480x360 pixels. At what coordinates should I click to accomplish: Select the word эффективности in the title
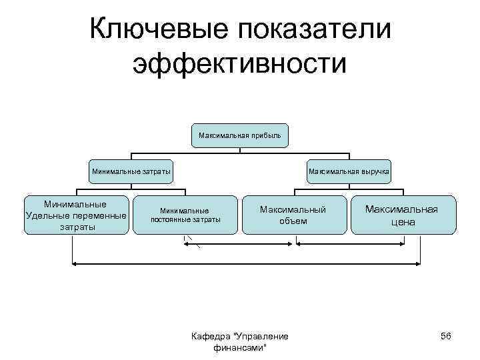click(240, 65)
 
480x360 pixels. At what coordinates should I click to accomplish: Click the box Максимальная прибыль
click(240, 136)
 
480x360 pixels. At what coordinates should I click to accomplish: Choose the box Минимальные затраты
click(131, 171)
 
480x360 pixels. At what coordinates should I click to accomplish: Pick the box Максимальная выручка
click(348, 171)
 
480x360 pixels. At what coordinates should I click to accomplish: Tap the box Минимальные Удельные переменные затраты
click(75, 215)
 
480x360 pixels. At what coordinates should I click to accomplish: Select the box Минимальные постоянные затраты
click(185, 215)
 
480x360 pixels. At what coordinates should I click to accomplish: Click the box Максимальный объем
click(293, 215)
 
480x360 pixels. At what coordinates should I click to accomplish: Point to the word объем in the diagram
click(293, 221)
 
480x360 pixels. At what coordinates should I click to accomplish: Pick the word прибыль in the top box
click(266, 136)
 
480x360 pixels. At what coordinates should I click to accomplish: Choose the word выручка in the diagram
click(374, 171)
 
